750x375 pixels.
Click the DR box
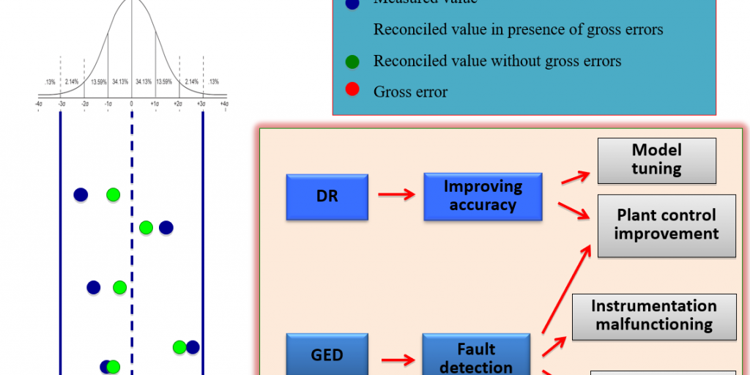327,196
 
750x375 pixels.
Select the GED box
327,354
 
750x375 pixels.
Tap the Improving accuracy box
483,196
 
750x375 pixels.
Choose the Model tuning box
656,160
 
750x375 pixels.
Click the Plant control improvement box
666,225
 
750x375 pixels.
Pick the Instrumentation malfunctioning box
653,315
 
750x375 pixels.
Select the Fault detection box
475,357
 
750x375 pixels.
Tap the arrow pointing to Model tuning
577,177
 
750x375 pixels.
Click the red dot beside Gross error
352,92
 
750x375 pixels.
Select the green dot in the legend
352,61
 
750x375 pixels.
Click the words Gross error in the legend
410,92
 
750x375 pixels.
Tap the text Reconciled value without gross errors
497,61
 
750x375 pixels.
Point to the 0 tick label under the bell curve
132,105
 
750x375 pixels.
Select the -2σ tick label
85,105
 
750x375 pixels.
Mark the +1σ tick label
155,105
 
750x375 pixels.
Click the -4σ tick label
38,105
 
